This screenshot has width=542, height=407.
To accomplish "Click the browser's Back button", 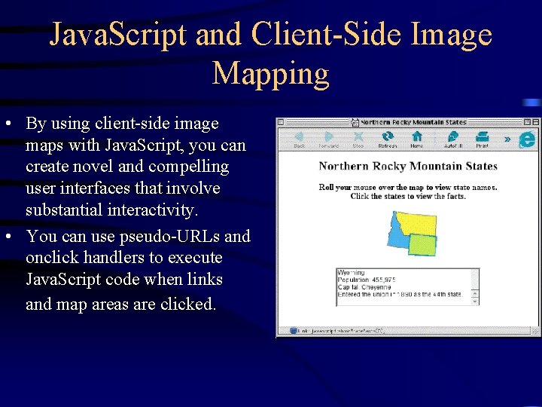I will tap(299, 139).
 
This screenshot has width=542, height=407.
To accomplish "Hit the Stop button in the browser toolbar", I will tap(358, 139).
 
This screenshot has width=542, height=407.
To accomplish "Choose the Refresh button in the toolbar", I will tap(387, 139).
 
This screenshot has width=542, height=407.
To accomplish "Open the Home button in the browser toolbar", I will tap(416, 139).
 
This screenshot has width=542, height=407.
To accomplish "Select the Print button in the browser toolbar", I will tap(482, 139).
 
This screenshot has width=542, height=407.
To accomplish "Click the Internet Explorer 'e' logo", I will tap(527, 139).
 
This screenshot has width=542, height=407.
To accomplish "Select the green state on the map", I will tap(422, 244).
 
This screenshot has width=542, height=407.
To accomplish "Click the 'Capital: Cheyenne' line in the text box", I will tap(365, 286).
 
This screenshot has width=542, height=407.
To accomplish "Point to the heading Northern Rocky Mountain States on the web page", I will tap(407, 166).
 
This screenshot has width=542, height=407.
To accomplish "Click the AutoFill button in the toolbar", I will tap(452, 139).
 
